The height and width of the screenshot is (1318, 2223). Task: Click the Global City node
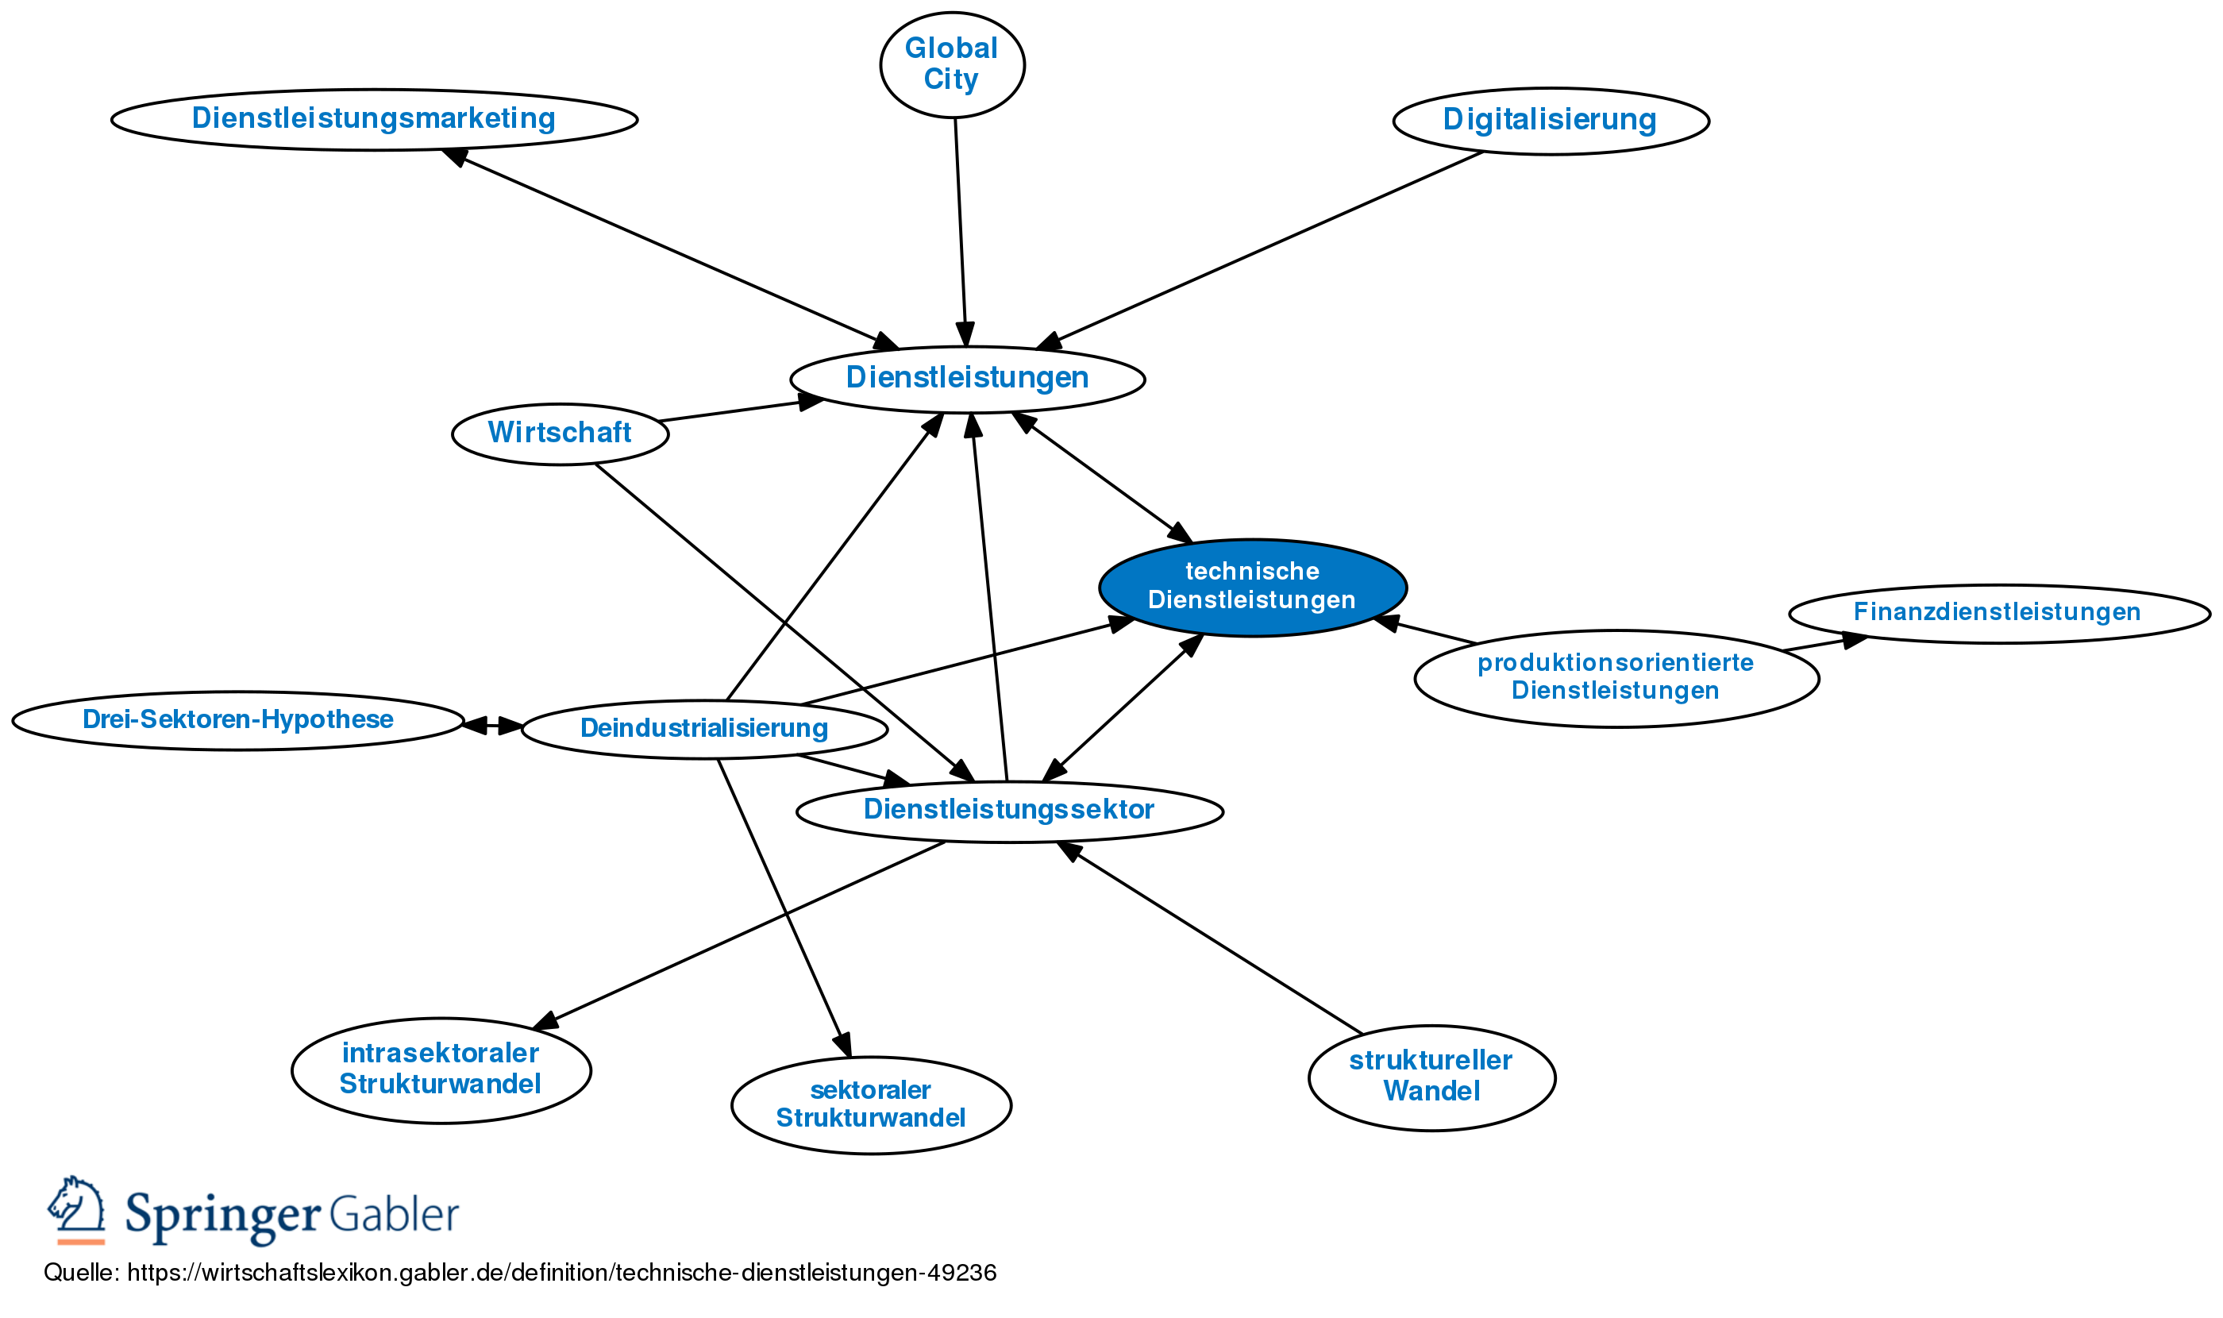tap(951, 64)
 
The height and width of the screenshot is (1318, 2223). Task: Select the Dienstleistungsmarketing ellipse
tap(374, 119)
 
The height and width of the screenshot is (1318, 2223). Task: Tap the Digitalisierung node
tap(1550, 120)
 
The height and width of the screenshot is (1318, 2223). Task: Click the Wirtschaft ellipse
tap(560, 434)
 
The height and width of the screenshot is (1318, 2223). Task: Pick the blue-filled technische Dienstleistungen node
tap(1251, 586)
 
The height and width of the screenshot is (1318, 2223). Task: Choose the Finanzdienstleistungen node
tap(1998, 612)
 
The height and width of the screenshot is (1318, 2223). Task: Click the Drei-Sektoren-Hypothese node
tap(237, 719)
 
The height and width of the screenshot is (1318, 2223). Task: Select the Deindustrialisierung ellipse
tap(703, 728)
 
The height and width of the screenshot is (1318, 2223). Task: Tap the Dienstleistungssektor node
tap(1009, 810)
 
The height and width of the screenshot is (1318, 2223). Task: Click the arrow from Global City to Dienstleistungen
tap(960, 231)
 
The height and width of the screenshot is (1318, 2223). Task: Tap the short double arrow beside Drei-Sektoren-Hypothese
tap(492, 726)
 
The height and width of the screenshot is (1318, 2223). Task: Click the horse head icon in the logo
tap(76, 1208)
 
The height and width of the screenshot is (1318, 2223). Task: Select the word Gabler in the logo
tap(394, 1214)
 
